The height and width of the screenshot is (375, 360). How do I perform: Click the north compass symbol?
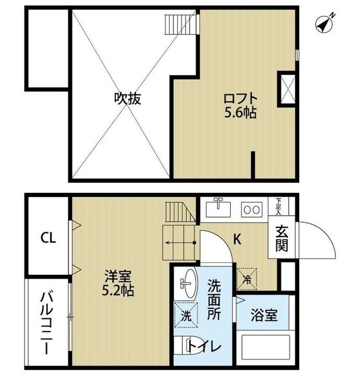pyautogui.click(x=325, y=23)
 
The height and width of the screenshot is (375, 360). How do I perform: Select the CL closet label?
pyautogui.click(x=48, y=238)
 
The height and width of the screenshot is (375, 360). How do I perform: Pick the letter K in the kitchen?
pyautogui.click(x=238, y=239)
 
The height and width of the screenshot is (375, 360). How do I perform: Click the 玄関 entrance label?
pyautogui.click(x=281, y=239)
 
